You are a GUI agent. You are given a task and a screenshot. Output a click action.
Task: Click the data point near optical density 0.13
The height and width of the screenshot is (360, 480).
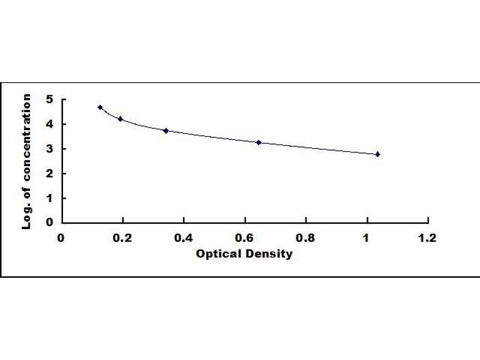point(100,107)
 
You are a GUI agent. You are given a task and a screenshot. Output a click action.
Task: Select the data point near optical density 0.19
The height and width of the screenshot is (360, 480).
point(121,119)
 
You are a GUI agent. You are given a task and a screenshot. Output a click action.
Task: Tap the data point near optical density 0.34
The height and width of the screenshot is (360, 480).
point(166,130)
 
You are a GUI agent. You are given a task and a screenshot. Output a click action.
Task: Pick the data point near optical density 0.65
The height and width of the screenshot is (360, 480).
point(259,142)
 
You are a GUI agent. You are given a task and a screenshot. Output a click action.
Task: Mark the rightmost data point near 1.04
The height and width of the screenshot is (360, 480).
point(377,154)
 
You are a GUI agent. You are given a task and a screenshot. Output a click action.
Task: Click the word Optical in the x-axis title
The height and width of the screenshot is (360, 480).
point(215,254)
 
